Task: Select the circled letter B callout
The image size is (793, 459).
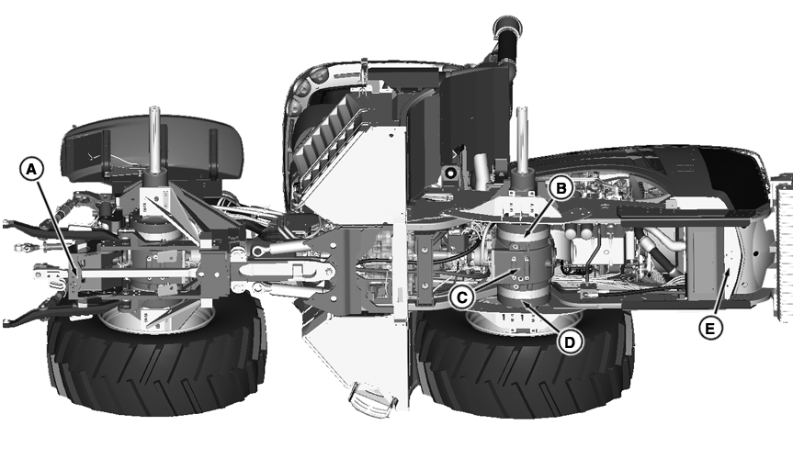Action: [x=561, y=187]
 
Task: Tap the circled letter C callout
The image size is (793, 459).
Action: [x=465, y=297]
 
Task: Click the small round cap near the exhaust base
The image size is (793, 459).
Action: [x=450, y=172]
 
